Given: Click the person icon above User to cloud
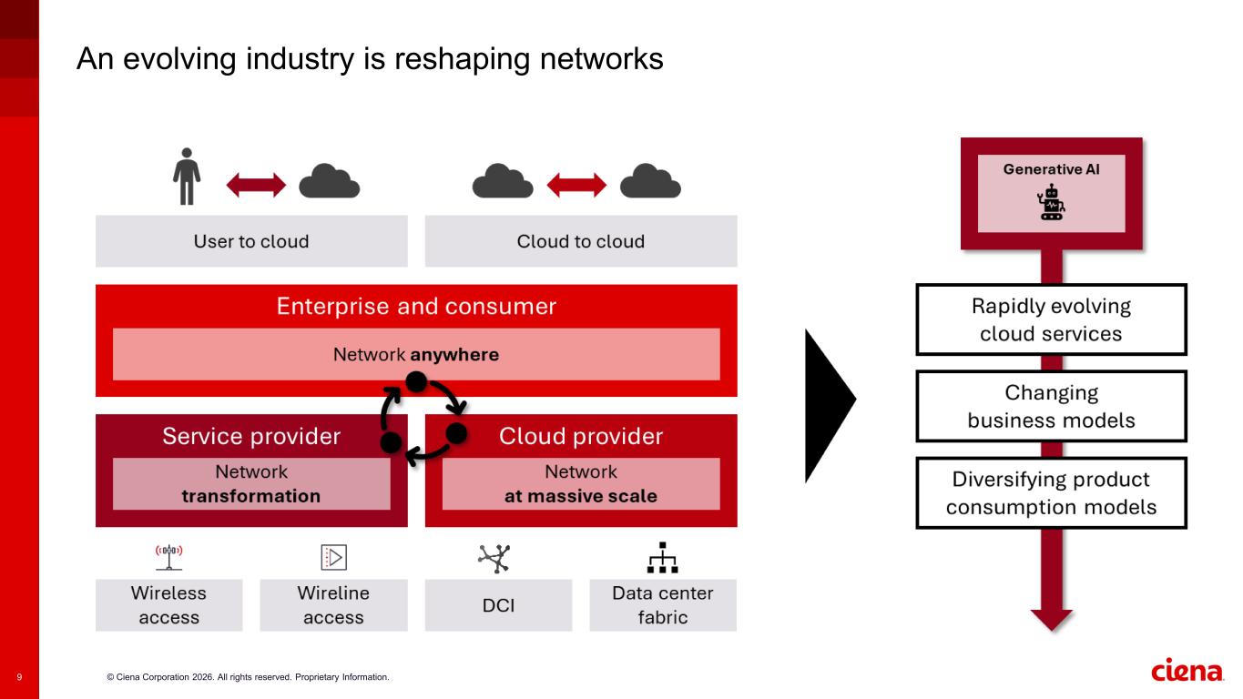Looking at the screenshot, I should coord(187,176).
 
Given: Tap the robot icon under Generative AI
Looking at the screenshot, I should coord(1052,202).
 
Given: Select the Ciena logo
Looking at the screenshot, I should coord(1187,672).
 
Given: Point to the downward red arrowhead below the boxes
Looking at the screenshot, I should coord(1052,619).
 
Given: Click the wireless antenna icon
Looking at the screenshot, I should coord(168,556).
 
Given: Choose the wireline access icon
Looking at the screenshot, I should coord(333,557).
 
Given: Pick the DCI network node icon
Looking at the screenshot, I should coord(495,558).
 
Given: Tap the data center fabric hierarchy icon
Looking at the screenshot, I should coord(662,557).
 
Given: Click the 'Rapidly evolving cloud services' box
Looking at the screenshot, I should coord(1051,319).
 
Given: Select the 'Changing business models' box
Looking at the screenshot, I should coord(1051,406).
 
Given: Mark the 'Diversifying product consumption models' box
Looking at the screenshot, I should coord(1051,492).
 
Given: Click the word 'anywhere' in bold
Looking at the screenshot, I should coord(454,354).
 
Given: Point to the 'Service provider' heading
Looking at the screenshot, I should coord(251,436).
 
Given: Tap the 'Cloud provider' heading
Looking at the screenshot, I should coord(581,436).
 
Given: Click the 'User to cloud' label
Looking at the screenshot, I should coord(251,241).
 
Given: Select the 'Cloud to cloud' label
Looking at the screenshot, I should coord(581,241).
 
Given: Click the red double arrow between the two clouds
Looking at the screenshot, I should coord(576,186).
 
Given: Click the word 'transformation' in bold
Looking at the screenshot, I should coord(251,496).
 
